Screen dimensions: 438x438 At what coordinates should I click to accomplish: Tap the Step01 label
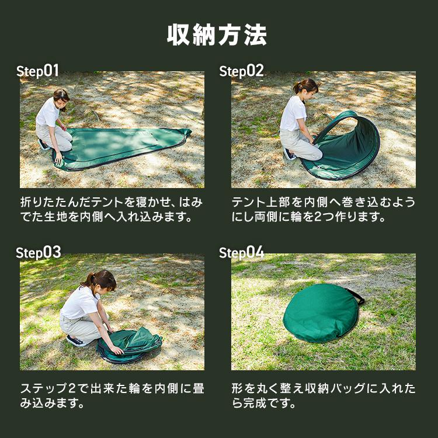(x=38, y=71)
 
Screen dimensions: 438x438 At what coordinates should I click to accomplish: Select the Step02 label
(x=241, y=71)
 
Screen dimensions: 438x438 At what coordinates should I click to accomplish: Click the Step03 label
(x=38, y=253)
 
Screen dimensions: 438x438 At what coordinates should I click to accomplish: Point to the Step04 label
(x=241, y=253)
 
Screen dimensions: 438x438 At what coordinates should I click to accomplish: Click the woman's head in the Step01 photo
(x=61, y=96)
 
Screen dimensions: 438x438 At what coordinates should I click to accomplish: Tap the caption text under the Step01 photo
(x=112, y=210)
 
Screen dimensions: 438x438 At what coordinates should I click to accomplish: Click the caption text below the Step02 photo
(x=323, y=210)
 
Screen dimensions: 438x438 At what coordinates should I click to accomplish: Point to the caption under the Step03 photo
(x=112, y=395)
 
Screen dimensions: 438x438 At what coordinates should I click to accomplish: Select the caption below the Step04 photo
(x=323, y=395)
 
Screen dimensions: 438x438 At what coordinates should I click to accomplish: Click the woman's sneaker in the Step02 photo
(x=289, y=155)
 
